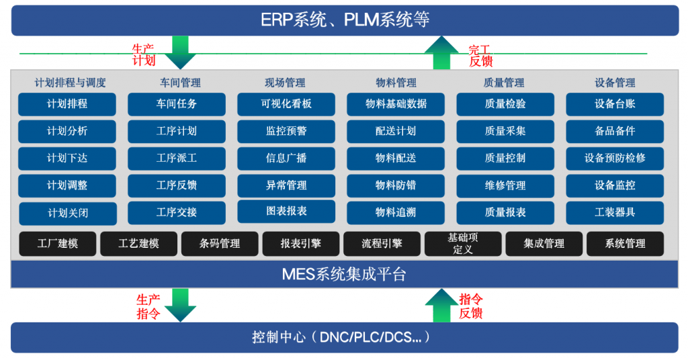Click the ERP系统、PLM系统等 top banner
click(x=345, y=20)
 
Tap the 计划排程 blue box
click(x=67, y=104)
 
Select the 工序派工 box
click(x=177, y=159)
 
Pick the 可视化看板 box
click(x=286, y=104)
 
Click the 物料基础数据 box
click(x=396, y=104)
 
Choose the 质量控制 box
click(x=505, y=159)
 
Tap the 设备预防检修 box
click(x=615, y=159)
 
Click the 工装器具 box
click(x=615, y=213)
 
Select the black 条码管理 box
click(x=220, y=244)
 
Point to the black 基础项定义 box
click(x=463, y=244)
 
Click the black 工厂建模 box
click(x=58, y=244)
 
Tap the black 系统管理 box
click(x=626, y=244)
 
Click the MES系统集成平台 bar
click(x=345, y=274)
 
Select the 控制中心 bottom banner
click(x=345, y=337)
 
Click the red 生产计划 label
click(x=144, y=55)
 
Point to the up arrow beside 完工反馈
click(x=441, y=52)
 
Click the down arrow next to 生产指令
click(x=180, y=305)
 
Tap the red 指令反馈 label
click(x=471, y=306)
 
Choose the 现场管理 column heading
click(x=285, y=83)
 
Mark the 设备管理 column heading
click(x=615, y=83)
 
